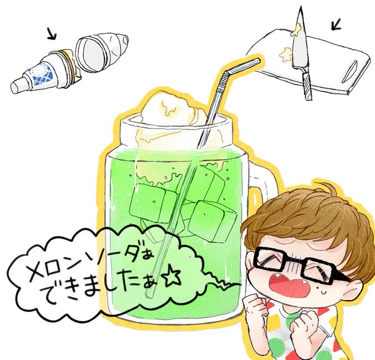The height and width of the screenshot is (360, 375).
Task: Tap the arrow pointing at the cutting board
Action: (x=336, y=25)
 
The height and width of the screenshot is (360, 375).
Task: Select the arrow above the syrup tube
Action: (x=52, y=34)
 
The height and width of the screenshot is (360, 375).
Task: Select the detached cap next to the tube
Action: (x=101, y=52)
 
